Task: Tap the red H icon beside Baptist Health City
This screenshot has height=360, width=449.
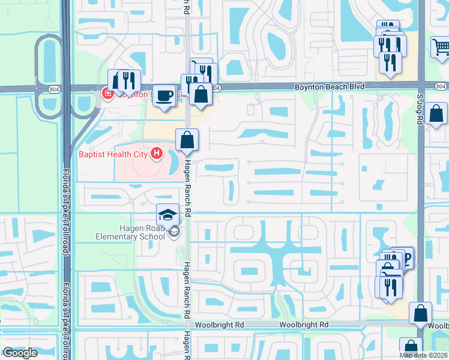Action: [157, 154]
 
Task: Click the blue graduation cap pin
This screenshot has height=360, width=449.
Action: [168, 215]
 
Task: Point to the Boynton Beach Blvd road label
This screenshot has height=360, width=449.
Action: [330, 88]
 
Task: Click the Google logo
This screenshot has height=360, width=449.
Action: [20, 353]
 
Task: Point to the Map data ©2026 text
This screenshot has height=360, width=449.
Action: [423, 355]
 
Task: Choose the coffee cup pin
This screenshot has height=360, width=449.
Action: [164, 96]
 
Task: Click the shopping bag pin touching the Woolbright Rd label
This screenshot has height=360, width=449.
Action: [421, 313]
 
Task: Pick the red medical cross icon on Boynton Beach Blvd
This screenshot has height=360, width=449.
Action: [107, 94]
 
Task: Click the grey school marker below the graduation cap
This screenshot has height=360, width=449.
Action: [174, 232]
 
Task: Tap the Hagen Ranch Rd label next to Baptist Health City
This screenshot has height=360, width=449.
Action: [187, 180]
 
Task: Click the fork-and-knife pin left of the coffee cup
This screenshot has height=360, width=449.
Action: [128, 80]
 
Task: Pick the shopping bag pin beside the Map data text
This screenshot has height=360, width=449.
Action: [411, 347]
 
